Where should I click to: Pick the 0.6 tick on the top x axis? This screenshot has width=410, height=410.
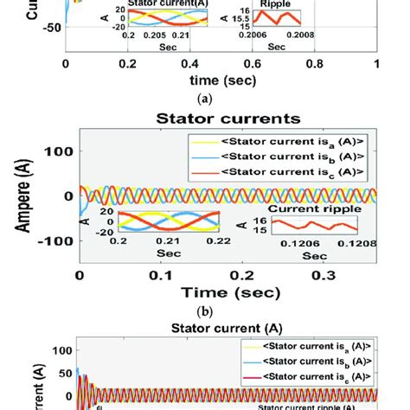253,64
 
